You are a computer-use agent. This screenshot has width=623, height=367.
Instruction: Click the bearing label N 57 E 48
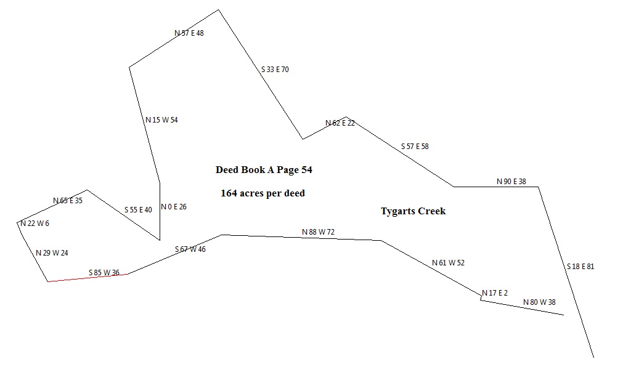pos(189,33)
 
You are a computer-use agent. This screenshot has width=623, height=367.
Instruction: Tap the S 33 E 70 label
pos(275,70)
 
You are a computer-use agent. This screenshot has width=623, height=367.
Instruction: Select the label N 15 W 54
pos(161,120)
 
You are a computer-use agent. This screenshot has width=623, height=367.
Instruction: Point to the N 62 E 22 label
pos(340,123)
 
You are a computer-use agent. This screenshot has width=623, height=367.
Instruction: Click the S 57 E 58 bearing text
pos(415,147)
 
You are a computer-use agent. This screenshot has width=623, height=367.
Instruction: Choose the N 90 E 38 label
pos(511,182)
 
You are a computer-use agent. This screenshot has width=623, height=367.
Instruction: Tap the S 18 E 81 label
pos(580,267)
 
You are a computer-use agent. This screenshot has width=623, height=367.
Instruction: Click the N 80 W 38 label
pos(539,302)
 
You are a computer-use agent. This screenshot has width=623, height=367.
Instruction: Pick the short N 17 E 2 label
pos(495,293)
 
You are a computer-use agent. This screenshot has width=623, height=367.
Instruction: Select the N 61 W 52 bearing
pos(448,263)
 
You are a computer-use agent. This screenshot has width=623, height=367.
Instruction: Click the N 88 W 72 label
pos(318,232)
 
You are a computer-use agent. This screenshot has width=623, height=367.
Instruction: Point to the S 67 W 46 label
pos(190,249)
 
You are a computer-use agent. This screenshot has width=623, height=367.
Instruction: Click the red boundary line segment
pos(88,278)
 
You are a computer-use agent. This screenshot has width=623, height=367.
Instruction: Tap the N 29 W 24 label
pos(52,253)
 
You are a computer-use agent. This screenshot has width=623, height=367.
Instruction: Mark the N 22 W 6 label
pos(35,224)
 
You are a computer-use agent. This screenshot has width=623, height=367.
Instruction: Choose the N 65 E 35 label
pos(68,201)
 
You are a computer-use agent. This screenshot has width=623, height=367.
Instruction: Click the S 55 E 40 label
pos(138,210)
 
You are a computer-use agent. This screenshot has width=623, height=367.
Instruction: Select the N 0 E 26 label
pos(174,207)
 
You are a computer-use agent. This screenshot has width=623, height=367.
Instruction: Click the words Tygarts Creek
pos(413,211)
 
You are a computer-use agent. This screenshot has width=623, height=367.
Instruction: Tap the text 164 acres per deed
pos(263,193)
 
